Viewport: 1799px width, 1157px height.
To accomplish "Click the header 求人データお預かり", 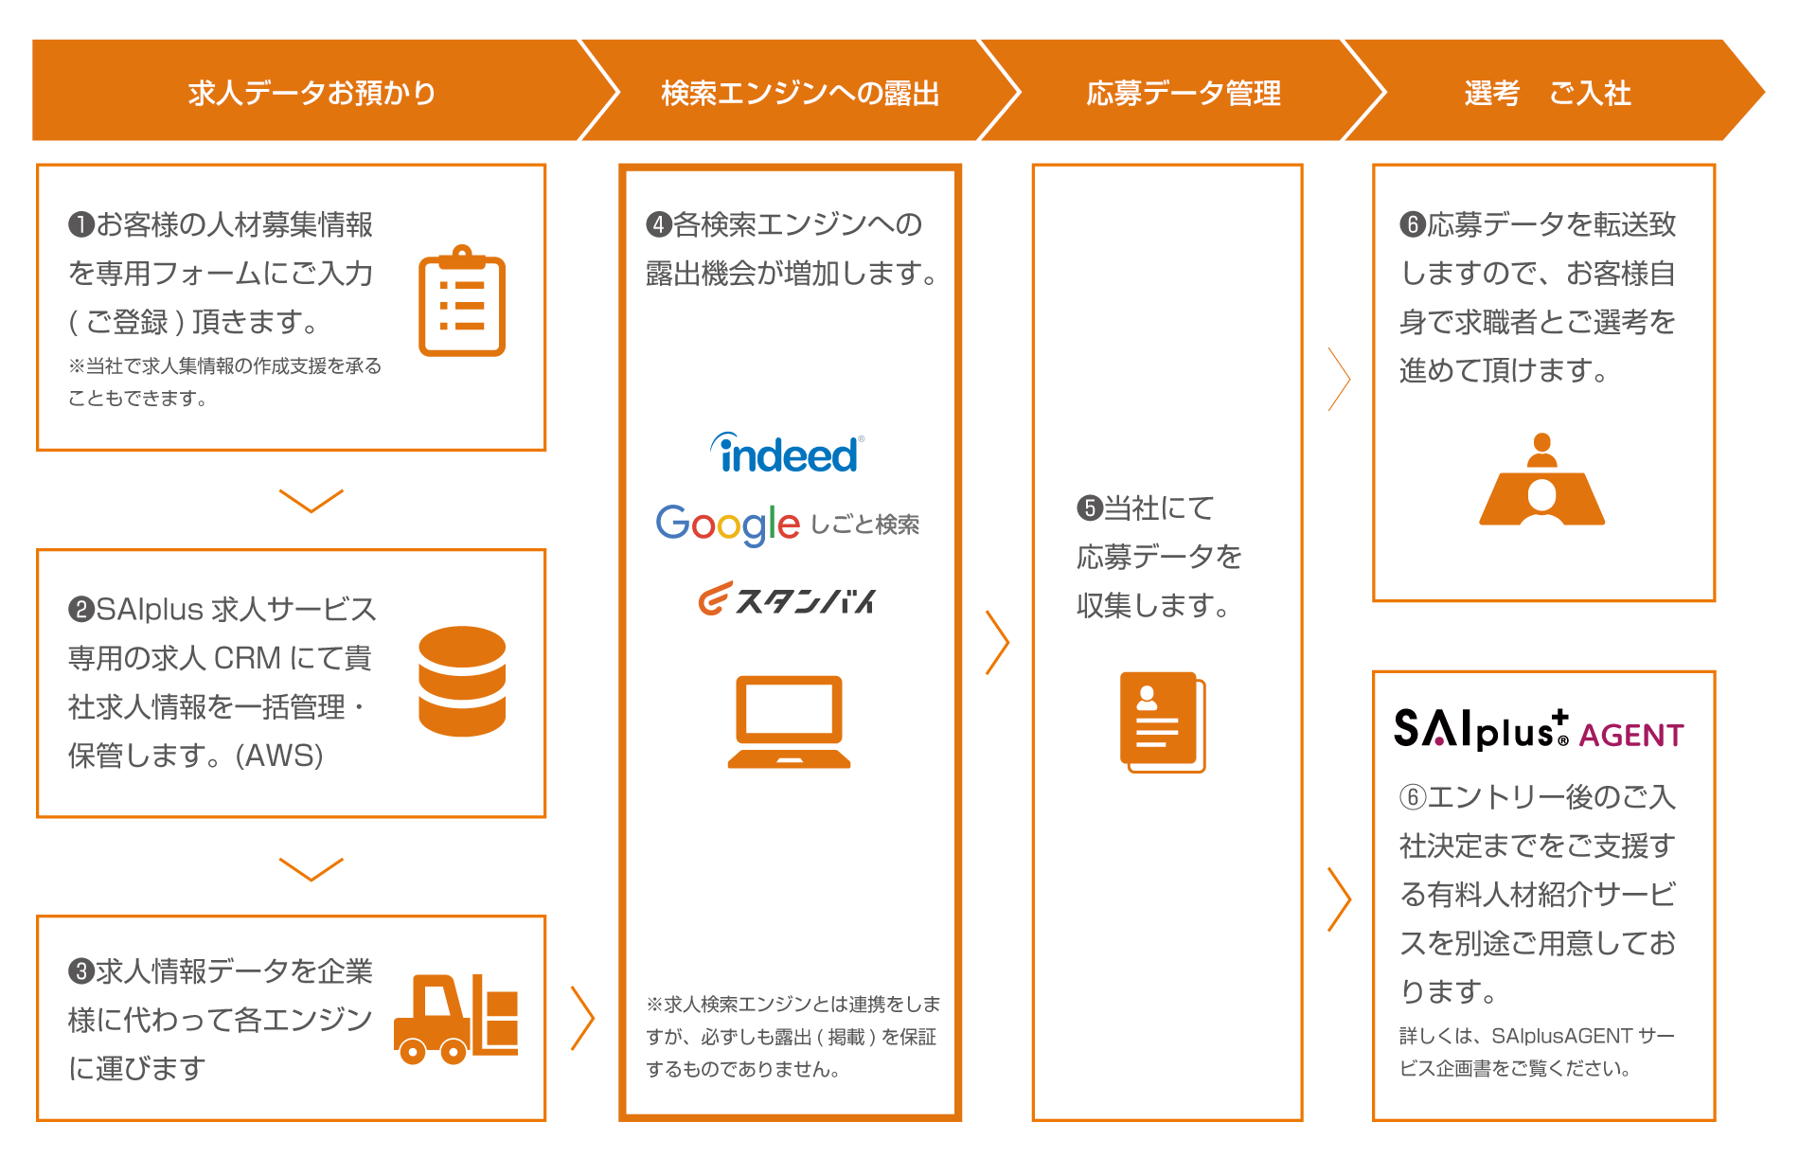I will pos(312,93).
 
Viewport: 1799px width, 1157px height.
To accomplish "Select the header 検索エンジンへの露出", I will pos(800,93).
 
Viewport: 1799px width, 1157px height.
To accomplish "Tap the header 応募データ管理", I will pos(1183,93).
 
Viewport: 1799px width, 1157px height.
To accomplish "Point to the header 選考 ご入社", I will pos(1547,93).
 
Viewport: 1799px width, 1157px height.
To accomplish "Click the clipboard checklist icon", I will pos(462,301).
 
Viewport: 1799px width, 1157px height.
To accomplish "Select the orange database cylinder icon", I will pos(462,681).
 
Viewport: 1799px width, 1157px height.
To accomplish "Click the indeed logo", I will pos(787,454).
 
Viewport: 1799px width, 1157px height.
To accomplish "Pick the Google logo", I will pos(727,524).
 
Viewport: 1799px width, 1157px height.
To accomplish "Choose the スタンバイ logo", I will pos(787,599).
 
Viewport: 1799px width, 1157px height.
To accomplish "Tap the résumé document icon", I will pos(1163,721).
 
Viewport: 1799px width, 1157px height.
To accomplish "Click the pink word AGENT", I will pos(1630,736).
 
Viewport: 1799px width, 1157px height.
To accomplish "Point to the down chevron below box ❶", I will pos(311,500).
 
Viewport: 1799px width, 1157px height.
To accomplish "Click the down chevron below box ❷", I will pos(311,867).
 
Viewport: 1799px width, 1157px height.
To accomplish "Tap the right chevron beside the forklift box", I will pos(582,1019).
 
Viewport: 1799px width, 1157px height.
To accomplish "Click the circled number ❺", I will pos(1090,508).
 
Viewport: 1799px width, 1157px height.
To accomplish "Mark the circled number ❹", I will pos(659,225).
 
